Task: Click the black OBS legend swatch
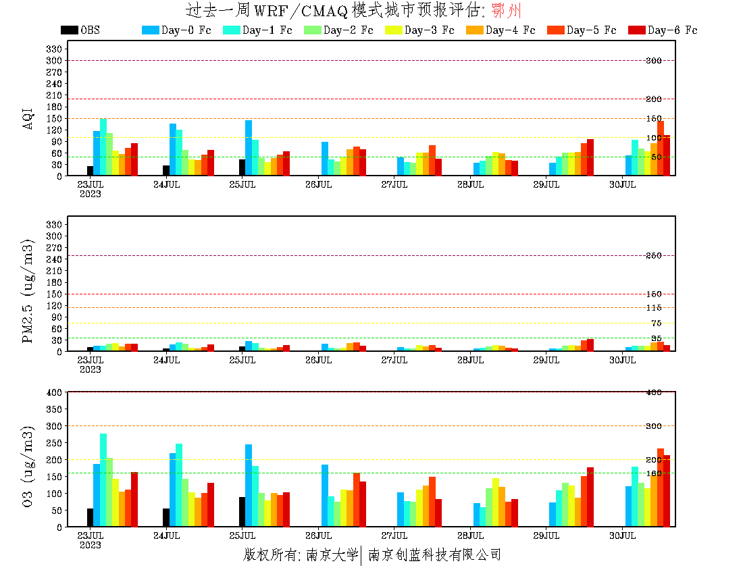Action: point(69,30)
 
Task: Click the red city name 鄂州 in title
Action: point(507,11)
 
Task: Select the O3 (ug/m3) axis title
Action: point(28,466)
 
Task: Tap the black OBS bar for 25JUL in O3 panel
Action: point(242,512)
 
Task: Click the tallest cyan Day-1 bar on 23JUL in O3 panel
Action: point(103,480)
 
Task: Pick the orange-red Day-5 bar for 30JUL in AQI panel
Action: point(661,148)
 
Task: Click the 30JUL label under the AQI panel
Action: point(623,184)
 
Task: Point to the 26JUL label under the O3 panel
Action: point(318,536)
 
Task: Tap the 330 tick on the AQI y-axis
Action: point(55,49)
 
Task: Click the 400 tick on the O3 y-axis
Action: point(55,392)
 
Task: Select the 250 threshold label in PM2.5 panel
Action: point(653,255)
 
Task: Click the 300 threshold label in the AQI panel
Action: point(653,61)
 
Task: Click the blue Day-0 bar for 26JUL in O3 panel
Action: point(325,496)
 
